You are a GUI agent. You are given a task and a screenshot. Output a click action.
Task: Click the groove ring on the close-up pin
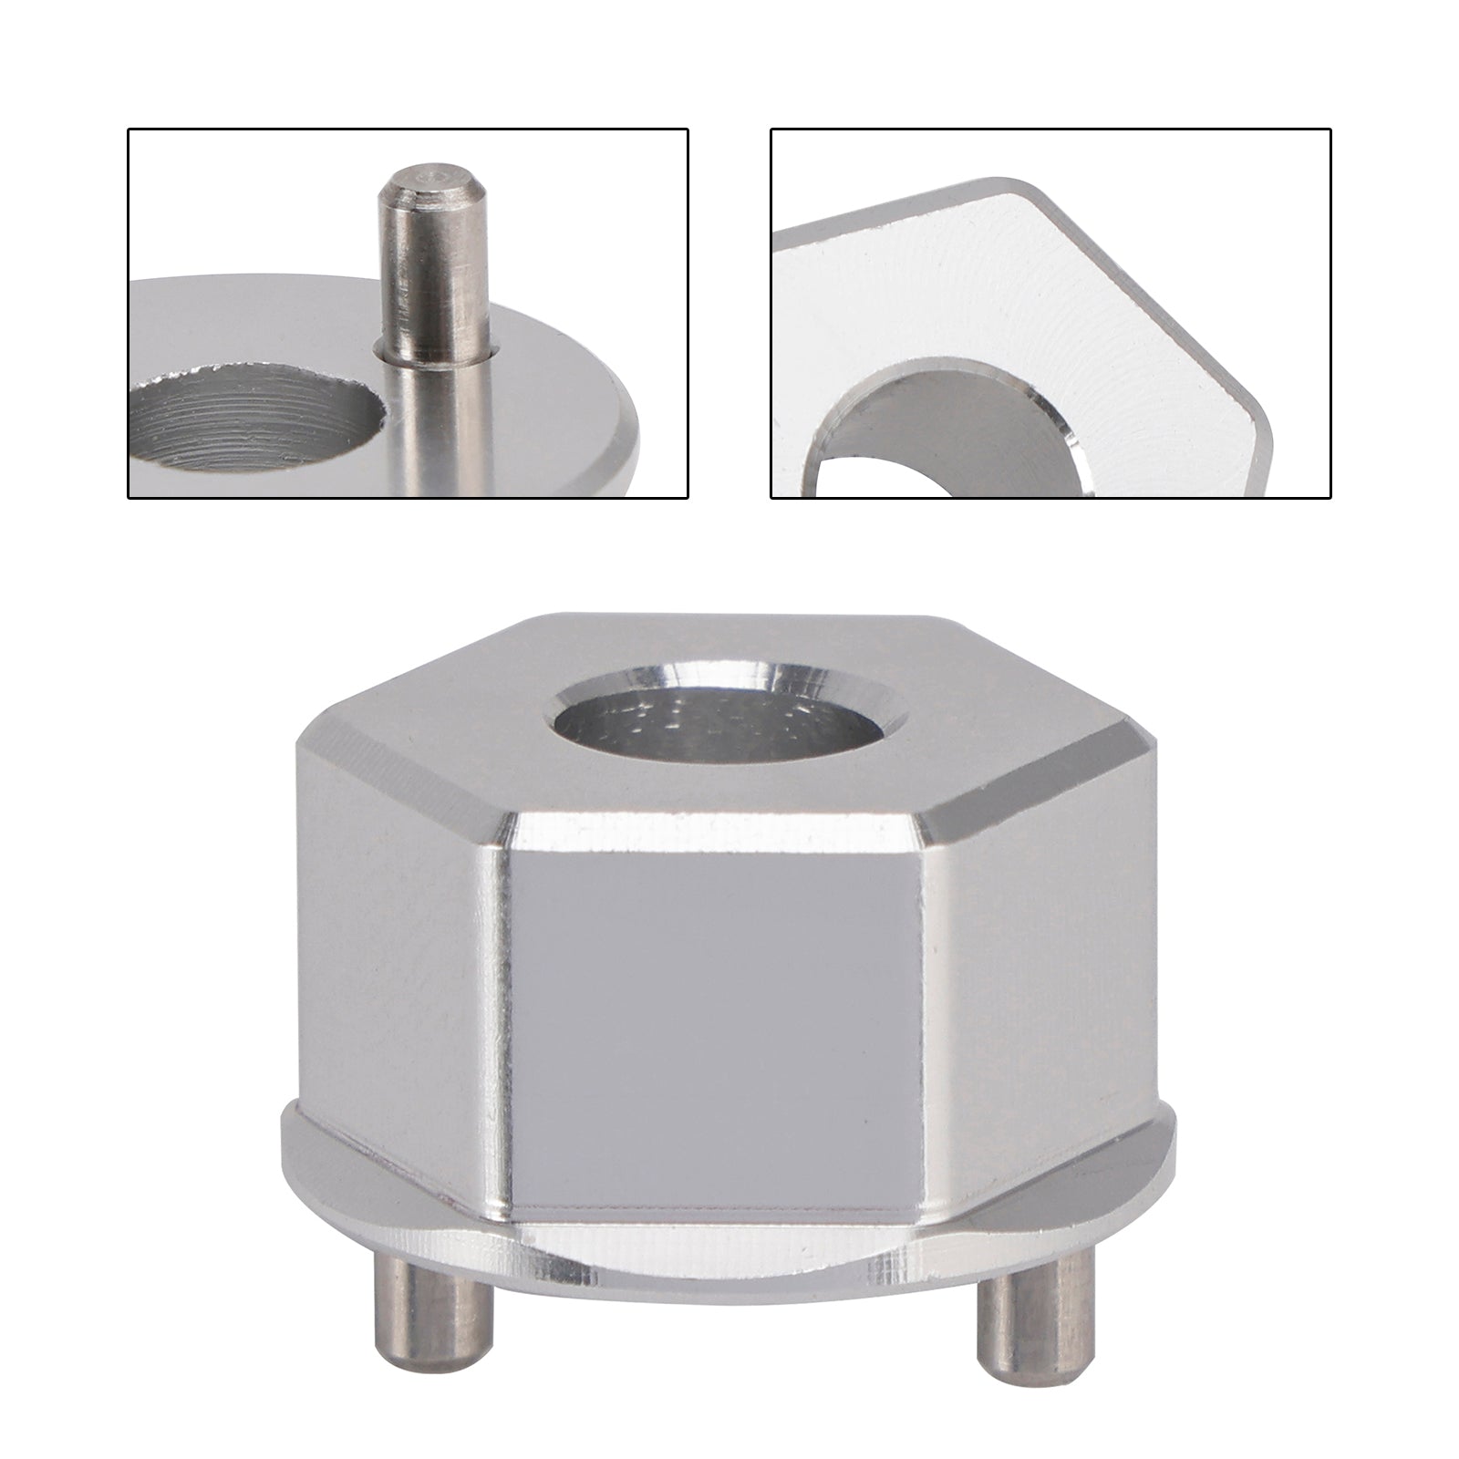(436, 352)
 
